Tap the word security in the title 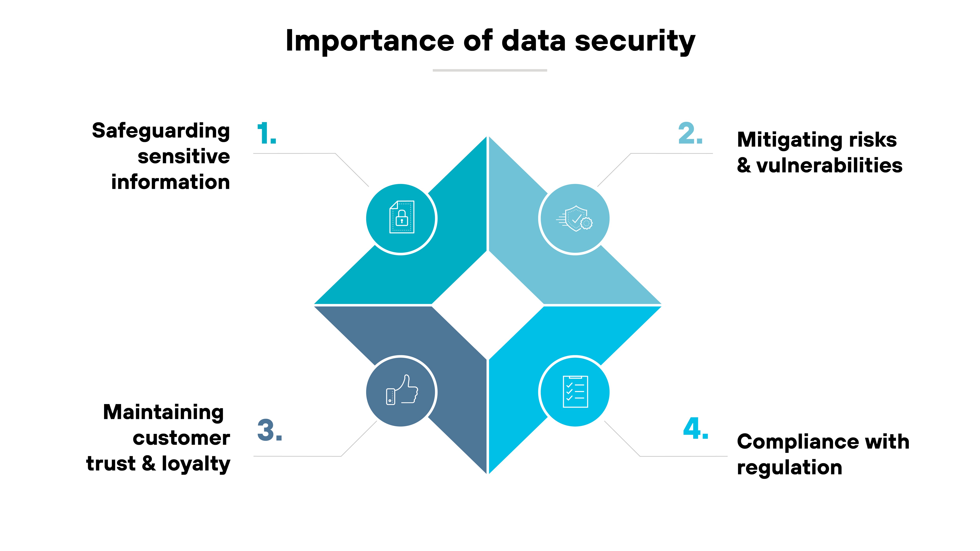click(635, 41)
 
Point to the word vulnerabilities click(829, 165)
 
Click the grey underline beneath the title click(490, 70)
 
